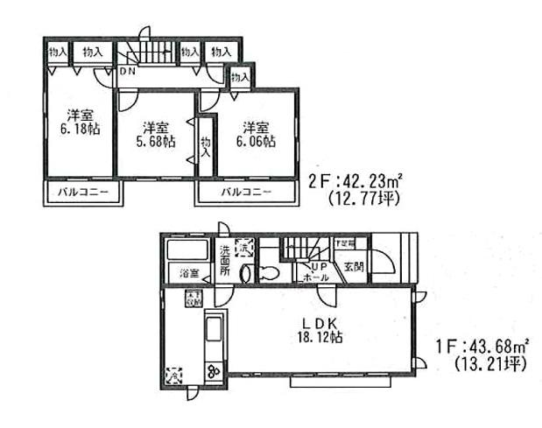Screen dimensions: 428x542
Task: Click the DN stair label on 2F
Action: [128, 71]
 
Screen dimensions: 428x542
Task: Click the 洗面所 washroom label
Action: [224, 261]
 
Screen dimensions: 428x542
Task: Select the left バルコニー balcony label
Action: [77, 191]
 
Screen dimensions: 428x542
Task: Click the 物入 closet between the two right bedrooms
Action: [205, 147]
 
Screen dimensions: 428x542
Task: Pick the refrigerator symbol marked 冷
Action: [173, 374]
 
